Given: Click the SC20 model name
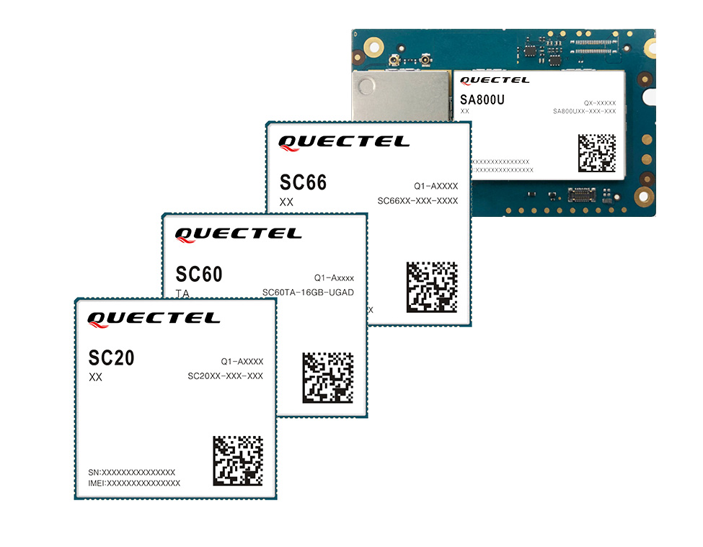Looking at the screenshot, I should tap(111, 357).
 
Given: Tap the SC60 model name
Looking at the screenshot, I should tap(199, 275).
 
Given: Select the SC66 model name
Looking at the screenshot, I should tap(303, 182).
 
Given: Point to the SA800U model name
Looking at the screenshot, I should tap(482, 100).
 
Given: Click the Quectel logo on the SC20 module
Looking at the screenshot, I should tap(154, 319).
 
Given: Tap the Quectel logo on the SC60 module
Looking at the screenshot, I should tap(239, 234).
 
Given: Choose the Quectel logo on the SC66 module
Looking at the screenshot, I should tap(343, 142).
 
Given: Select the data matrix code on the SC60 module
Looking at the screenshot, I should tap(327, 377).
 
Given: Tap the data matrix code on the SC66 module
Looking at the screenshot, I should tap(432, 286).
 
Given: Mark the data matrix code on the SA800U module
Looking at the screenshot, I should tap(597, 153).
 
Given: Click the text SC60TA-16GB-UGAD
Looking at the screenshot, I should tap(308, 292).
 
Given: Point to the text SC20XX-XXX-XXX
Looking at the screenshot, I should tap(225, 376).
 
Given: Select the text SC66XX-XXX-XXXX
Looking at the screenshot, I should tap(417, 200).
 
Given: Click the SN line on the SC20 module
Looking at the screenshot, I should tap(132, 471).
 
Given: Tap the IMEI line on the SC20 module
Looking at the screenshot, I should tap(134, 483).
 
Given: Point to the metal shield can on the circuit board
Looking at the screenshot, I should tap(400, 97).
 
